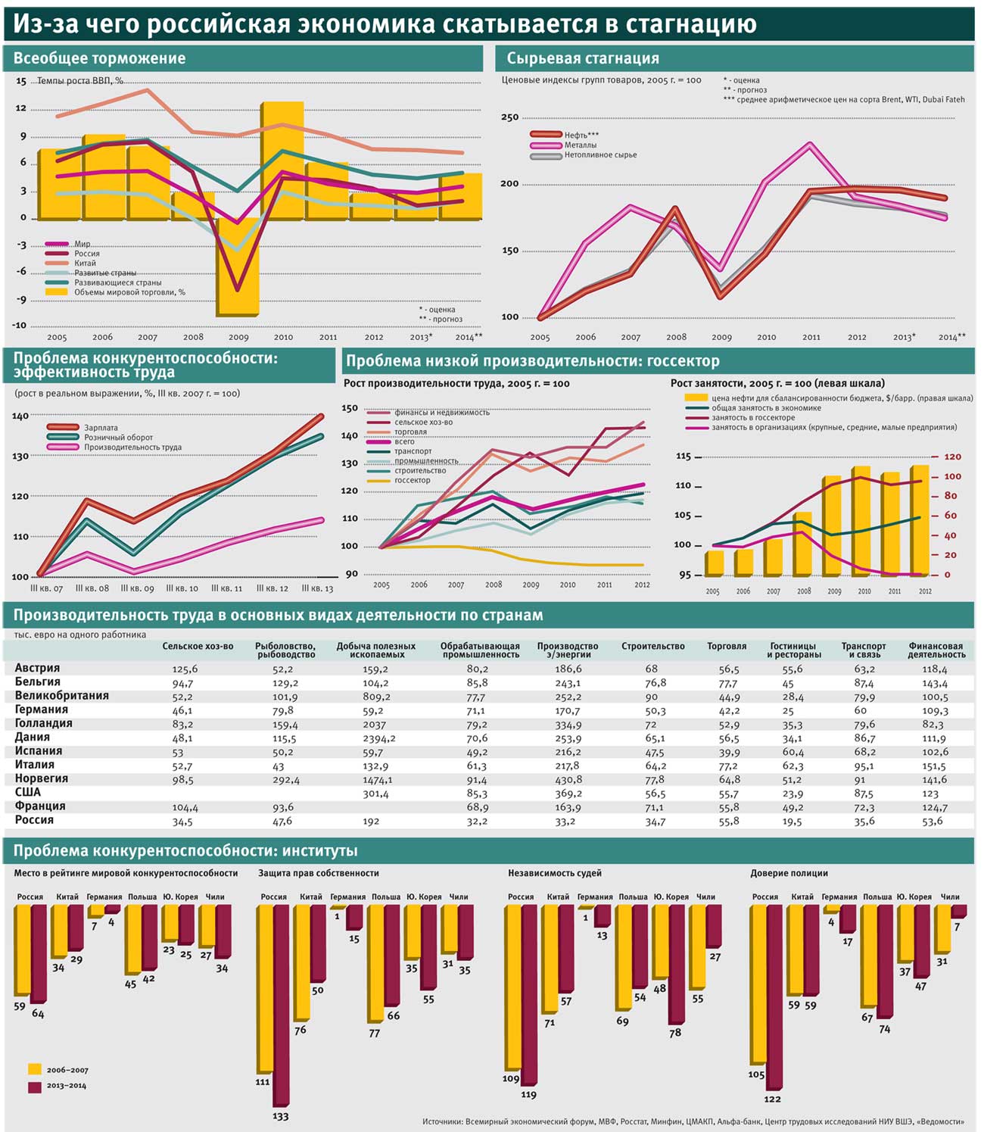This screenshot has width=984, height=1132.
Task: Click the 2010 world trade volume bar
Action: click(x=282, y=159)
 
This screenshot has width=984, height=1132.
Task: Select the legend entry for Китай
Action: click(x=85, y=264)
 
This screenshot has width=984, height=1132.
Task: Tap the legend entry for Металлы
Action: click(x=580, y=145)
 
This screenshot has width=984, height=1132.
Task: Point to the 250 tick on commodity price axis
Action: click(x=509, y=117)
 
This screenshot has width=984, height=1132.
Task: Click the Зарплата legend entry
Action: click(x=100, y=428)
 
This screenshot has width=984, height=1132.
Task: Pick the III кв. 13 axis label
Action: click(x=317, y=588)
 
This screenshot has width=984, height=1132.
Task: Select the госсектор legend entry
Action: click(x=412, y=480)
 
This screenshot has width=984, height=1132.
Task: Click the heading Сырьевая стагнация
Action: click(x=582, y=58)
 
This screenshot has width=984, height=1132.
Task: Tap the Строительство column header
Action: click(x=652, y=646)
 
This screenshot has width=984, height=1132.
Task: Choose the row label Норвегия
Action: click(x=42, y=778)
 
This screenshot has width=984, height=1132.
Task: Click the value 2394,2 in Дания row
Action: click(x=378, y=738)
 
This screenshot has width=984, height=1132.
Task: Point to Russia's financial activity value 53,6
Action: click(x=933, y=821)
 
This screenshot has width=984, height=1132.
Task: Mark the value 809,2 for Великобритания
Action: click(x=376, y=697)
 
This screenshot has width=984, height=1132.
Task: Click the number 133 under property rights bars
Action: click(x=280, y=1116)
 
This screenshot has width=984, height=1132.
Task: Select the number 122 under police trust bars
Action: click(x=772, y=1099)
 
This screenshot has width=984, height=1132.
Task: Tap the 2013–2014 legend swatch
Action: click(x=35, y=1087)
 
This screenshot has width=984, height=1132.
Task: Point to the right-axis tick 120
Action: click(x=952, y=457)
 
